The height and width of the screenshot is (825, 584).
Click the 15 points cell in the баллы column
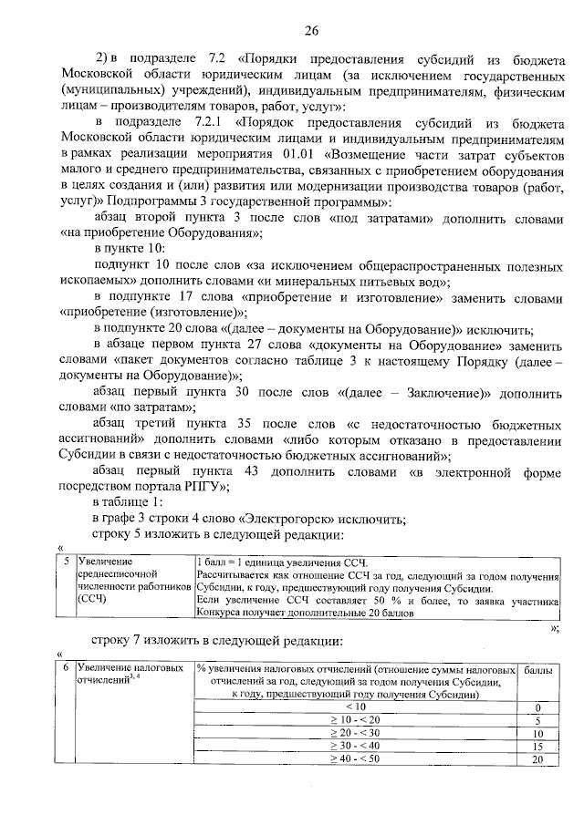click(x=537, y=747)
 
